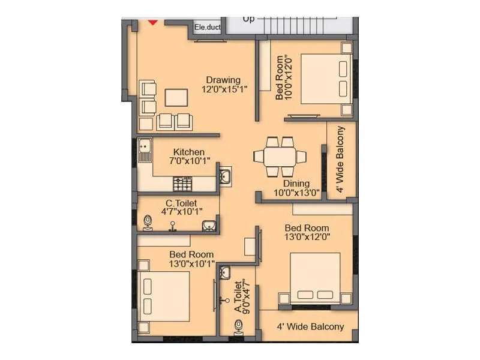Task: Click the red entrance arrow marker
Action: coord(153,22)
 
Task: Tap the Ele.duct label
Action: coord(208,27)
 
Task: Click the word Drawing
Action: coord(223,80)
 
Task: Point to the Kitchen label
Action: coord(189,152)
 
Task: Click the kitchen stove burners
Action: coord(182,184)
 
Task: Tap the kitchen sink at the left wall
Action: coord(144,149)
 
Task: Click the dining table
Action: coord(280,157)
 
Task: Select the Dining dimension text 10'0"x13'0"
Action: coord(296,193)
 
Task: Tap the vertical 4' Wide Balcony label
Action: coord(341,160)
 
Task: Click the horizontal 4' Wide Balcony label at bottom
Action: coord(310,327)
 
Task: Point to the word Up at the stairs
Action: coord(248,19)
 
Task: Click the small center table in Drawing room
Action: coord(175,97)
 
